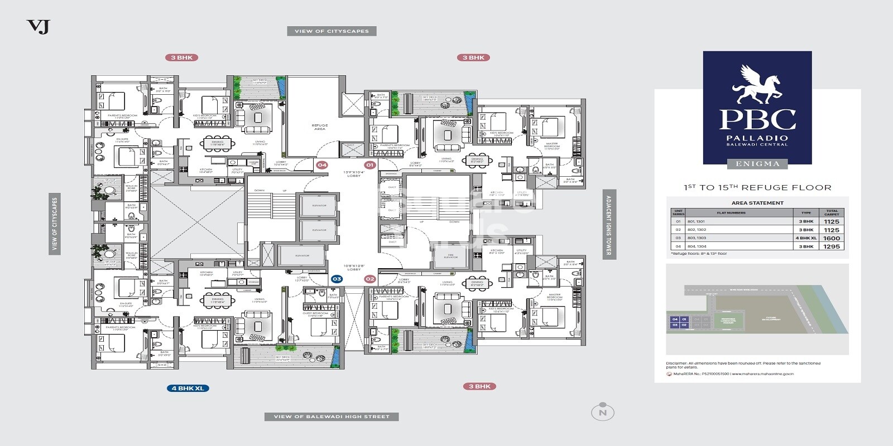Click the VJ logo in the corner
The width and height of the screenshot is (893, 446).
[38, 26]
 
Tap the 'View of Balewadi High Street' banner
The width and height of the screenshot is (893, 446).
[332, 416]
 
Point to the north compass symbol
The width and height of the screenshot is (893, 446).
[602, 412]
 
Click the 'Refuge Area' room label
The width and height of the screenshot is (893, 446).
[319, 127]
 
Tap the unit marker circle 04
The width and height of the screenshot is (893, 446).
[322, 165]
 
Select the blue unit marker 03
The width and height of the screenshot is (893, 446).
[337, 279]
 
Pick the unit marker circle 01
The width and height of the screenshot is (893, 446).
[369, 165]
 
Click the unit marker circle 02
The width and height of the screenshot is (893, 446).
[369, 279]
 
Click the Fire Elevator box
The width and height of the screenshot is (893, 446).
[450, 256]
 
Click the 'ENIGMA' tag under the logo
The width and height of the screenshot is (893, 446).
[757, 164]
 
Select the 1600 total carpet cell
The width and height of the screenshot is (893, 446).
[831, 238]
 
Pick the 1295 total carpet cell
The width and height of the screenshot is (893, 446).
[831, 246]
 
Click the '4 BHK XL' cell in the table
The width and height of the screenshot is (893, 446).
[805, 238]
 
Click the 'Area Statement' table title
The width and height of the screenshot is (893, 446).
[757, 203]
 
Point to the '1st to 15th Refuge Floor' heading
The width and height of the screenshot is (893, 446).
[757, 188]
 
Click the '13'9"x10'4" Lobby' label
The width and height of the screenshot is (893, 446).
[354, 174]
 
